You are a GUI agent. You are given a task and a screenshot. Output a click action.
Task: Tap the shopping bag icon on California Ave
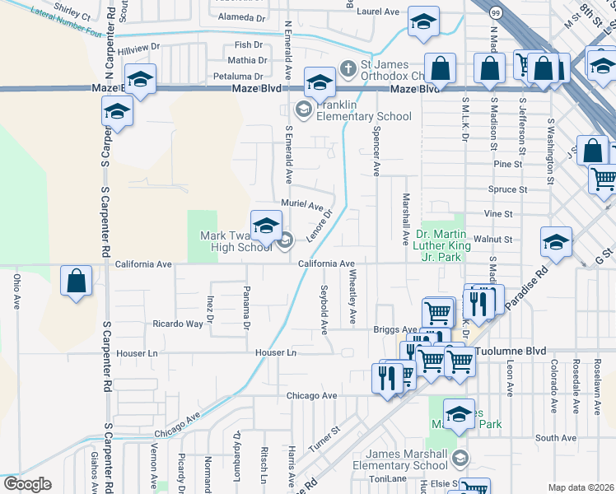(x=76, y=282)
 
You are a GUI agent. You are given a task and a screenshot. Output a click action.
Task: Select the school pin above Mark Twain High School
(x=266, y=225)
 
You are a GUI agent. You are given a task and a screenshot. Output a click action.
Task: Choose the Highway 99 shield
(x=494, y=13)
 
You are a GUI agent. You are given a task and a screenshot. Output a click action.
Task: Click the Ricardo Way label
(x=177, y=324)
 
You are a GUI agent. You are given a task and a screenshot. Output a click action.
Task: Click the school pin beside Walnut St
(x=556, y=242)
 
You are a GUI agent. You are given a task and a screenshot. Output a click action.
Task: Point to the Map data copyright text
(x=581, y=487)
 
